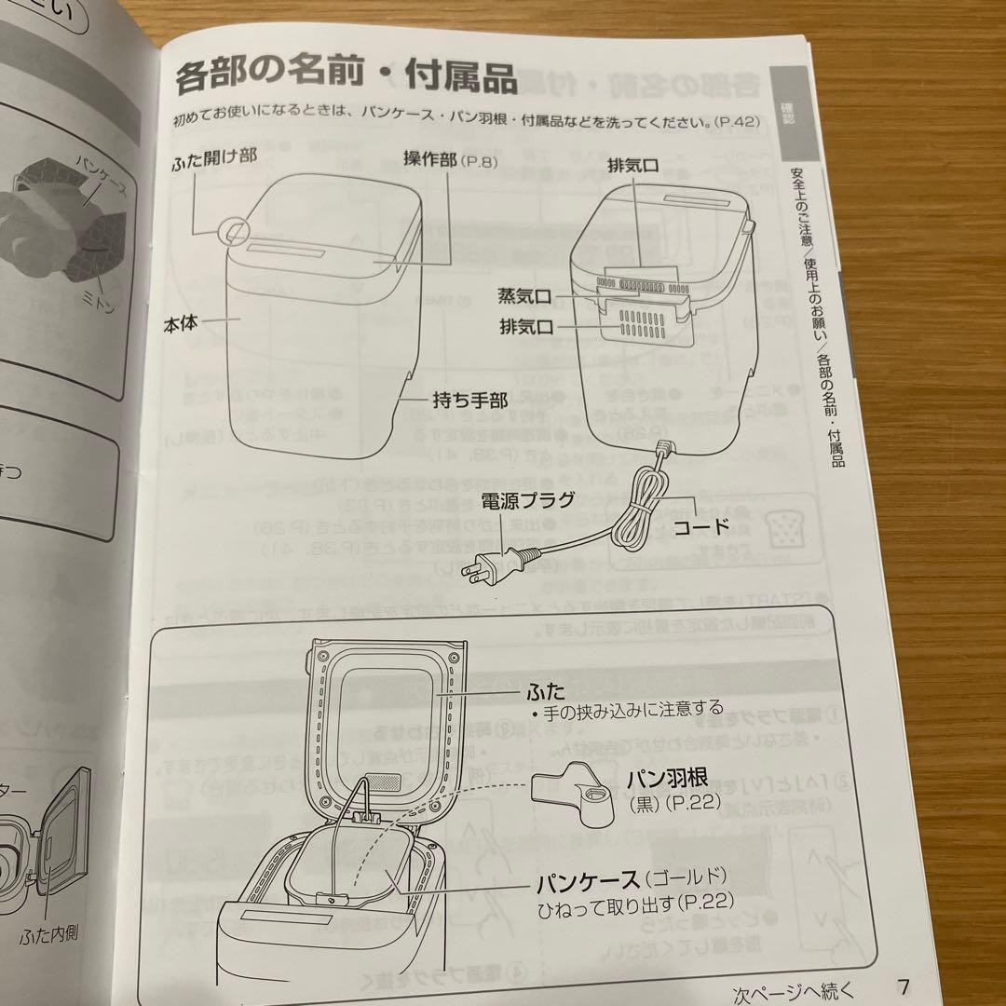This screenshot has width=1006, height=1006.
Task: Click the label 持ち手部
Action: (x=469, y=401)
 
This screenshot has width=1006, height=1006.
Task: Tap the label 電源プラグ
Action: (x=528, y=500)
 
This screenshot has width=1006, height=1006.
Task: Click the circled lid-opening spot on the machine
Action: (x=235, y=229)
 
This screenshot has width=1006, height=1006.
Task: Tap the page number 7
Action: (x=903, y=986)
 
